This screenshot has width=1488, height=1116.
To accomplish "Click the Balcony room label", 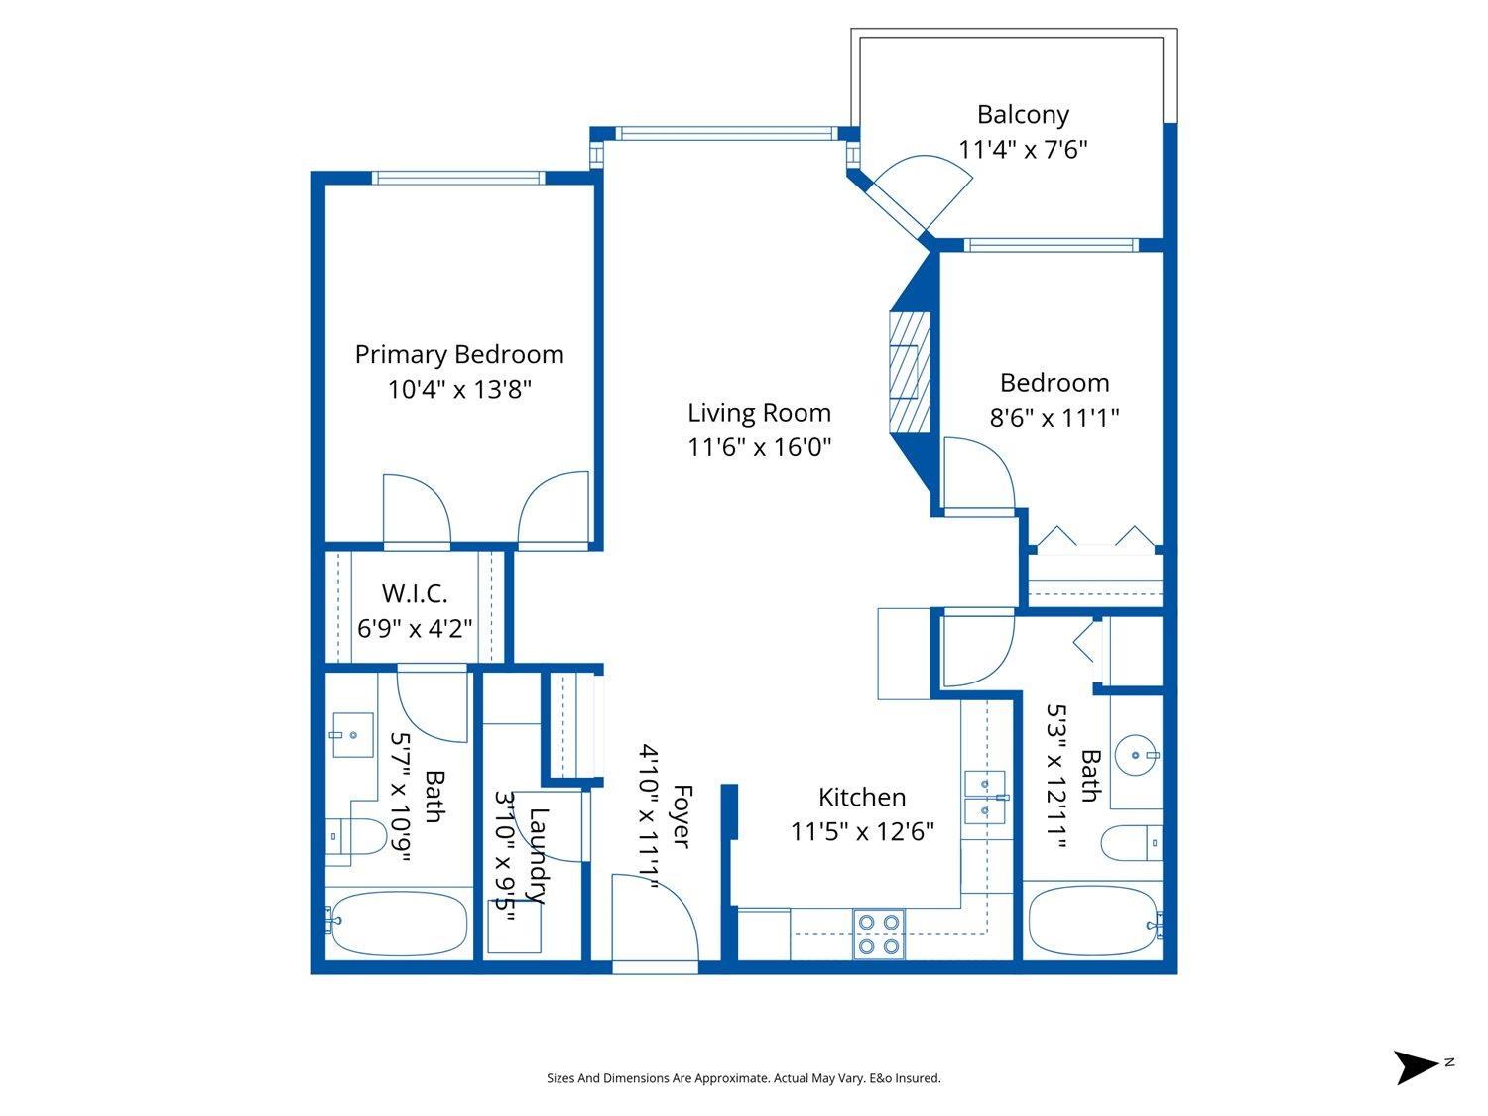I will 1023,115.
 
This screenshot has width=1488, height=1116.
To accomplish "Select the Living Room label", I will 759,412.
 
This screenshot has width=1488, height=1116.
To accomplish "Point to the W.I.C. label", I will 415,593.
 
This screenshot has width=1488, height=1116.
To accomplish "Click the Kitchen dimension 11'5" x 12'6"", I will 862,831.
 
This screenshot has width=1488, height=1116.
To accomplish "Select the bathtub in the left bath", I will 398,923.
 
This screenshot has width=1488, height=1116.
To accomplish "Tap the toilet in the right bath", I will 1131,843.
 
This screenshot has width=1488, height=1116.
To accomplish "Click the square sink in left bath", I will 352,734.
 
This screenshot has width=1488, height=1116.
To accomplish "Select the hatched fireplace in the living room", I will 910,372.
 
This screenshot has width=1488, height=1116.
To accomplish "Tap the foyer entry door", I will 655,918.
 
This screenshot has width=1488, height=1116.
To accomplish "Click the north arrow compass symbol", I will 1417,1066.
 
